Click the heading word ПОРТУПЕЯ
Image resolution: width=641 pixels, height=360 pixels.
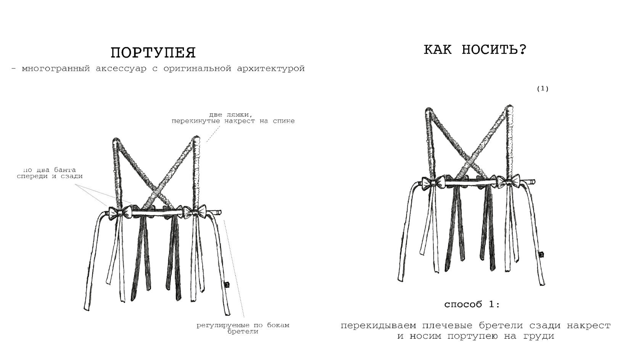(x=153, y=53)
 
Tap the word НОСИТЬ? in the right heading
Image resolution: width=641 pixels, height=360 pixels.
(x=494, y=50)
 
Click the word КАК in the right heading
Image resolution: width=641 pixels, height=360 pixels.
(x=438, y=50)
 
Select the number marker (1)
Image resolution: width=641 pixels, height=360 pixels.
(x=543, y=89)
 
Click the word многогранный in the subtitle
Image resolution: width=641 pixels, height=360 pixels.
(x=56, y=69)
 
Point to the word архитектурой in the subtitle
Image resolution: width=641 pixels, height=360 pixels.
(x=271, y=69)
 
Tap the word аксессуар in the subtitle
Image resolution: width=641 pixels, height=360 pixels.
(x=121, y=69)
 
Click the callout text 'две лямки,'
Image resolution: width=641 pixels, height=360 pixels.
(x=231, y=115)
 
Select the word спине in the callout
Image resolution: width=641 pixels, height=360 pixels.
(x=283, y=121)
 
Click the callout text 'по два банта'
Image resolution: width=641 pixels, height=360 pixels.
(x=50, y=170)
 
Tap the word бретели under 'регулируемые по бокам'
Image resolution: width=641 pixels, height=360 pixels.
(x=243, y=332)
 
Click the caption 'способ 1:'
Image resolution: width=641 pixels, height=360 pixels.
(x=472, y=304)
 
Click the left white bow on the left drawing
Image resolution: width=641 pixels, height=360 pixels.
(x=120, y=212)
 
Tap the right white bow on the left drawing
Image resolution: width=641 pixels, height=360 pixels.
(x=195, y=211)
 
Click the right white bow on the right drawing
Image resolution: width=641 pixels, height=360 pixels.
(x=509, y=181)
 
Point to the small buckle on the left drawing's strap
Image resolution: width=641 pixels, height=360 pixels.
(x=227, y=285)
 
